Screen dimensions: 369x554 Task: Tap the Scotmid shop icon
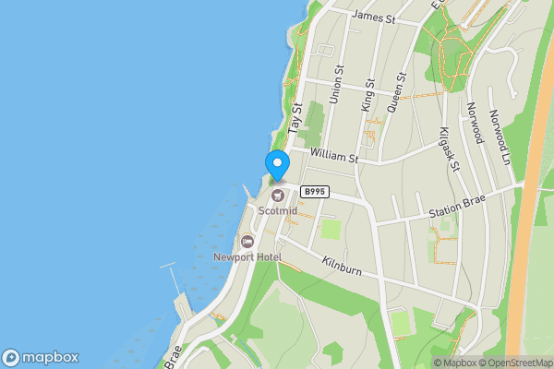coord(278,195)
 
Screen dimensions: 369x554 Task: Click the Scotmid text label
coord(278,209)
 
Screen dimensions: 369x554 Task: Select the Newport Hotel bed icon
coord(247,242)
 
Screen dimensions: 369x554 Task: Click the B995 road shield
coord(315,191)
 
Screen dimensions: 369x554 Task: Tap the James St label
coord(374,18)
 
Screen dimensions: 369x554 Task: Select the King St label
coord(369,95)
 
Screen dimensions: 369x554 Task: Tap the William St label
coord(334,153)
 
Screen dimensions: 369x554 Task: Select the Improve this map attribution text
coord(550,363)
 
